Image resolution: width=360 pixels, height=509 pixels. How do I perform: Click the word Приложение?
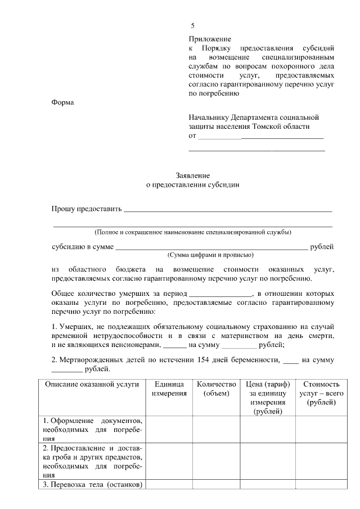coord(210,39)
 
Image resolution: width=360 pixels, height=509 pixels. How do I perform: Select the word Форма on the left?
coord(62,102)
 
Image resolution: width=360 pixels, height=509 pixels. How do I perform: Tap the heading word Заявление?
coord(192,175)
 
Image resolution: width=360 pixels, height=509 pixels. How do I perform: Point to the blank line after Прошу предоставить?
coord(227,211)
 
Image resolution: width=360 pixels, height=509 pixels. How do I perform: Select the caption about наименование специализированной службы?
coord(192,232)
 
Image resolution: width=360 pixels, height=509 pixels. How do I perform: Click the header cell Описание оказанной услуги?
coord(92,384)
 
